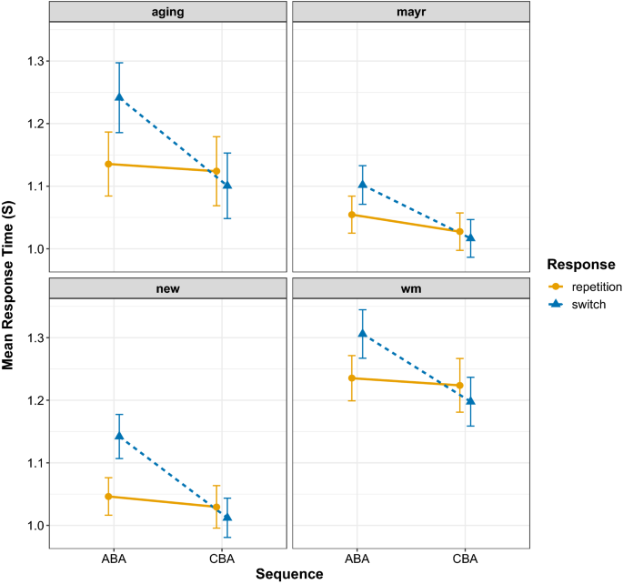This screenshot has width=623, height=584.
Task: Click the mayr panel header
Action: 410,13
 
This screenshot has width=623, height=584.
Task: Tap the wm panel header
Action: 410,288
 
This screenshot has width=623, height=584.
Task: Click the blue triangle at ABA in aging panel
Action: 119,97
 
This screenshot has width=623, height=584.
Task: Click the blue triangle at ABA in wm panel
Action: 362,333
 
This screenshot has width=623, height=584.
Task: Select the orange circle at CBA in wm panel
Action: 459,386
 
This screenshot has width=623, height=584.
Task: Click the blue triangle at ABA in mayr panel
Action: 362,185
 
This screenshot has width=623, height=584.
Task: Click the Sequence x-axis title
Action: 288,574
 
